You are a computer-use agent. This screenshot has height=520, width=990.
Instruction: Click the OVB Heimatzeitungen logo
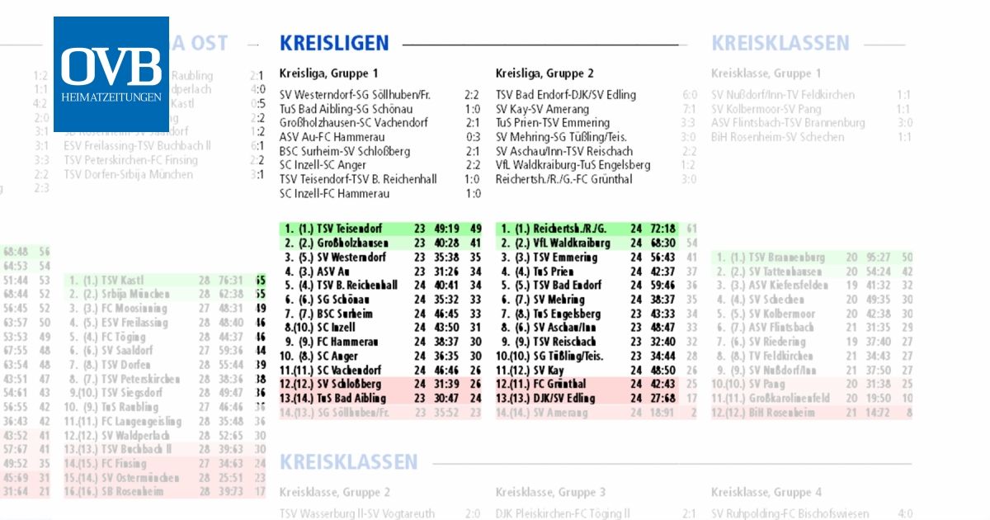point(111,73)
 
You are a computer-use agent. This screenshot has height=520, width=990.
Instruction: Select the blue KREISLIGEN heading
point(333,44)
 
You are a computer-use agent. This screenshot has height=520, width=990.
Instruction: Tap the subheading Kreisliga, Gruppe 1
point(329,73)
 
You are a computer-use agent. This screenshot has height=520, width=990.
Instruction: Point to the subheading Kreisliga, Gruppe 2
point(544,73)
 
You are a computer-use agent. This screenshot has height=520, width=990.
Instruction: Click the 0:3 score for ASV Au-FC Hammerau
point(473,137)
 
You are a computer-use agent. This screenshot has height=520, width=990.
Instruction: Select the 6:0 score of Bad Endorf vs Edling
point(690,95)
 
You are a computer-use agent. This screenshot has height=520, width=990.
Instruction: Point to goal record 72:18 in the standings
point(662,229)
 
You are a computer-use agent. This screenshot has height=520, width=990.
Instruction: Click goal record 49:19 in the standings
point(446,229)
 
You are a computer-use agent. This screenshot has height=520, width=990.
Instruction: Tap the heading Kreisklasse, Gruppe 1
point(766,73)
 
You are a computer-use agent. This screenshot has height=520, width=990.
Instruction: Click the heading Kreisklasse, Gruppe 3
point(550,493)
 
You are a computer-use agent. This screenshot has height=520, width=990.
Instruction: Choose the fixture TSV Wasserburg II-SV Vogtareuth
point(357,513)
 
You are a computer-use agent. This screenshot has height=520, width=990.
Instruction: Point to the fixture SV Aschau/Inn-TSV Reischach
point(564,151)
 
